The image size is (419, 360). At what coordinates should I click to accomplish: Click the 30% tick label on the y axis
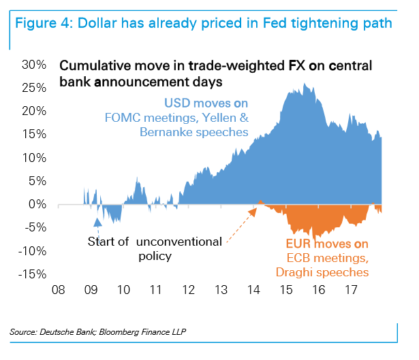[33, 65]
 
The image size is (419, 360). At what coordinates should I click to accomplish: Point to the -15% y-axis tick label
[31, 274]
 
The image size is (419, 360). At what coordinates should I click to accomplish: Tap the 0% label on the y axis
[37, 204]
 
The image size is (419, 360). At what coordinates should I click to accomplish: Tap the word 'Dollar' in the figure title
[98, 24]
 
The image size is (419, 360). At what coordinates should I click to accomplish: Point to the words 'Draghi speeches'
[322, 272]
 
